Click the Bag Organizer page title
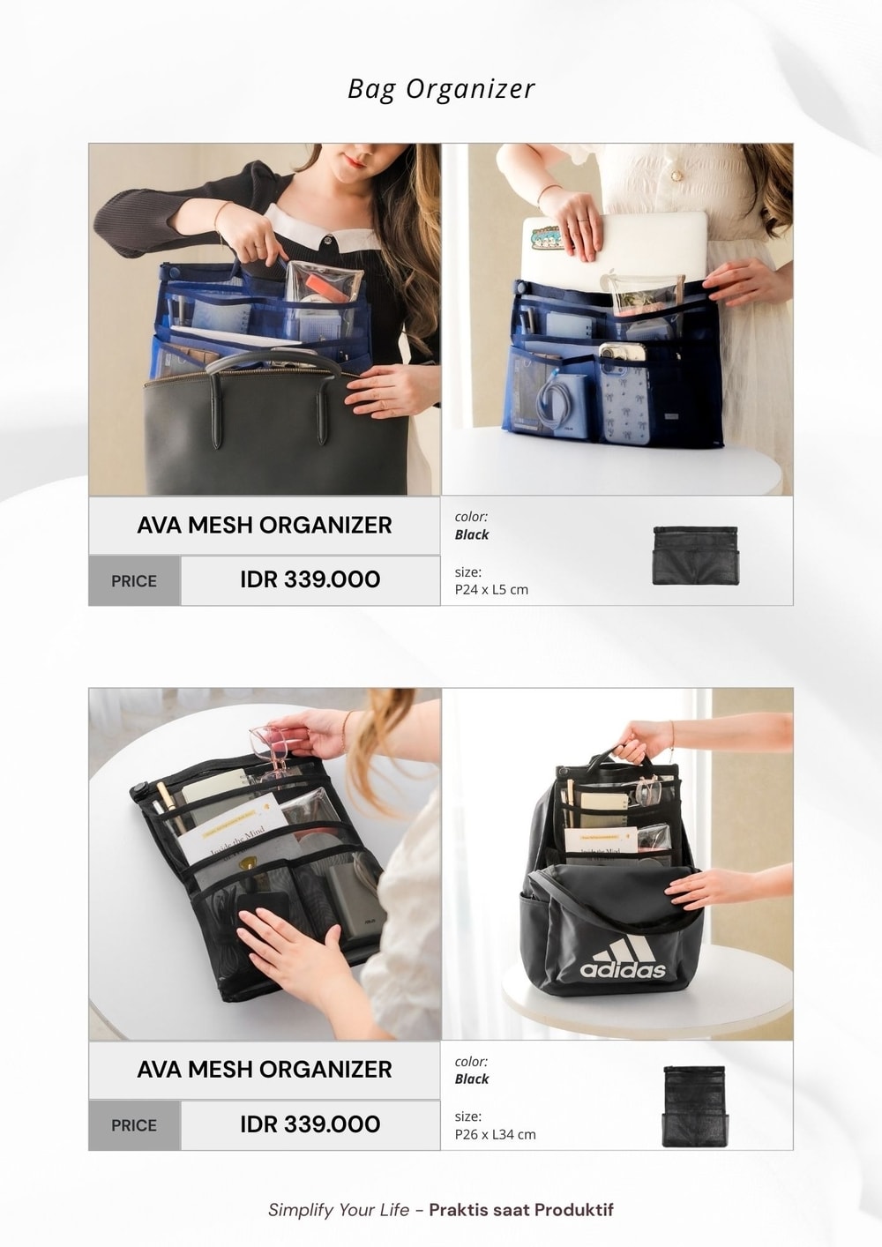pos(441,89)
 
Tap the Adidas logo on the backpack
pos(623,959)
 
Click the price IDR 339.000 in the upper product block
pos(310,579)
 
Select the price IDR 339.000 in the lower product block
pos(310,1124)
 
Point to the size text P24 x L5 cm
pos(491,589)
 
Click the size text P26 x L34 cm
pos(495,1134)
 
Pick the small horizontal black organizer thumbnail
pos(695,556)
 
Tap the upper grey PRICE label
pos(134,581)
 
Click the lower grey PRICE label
pos(134,1125)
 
